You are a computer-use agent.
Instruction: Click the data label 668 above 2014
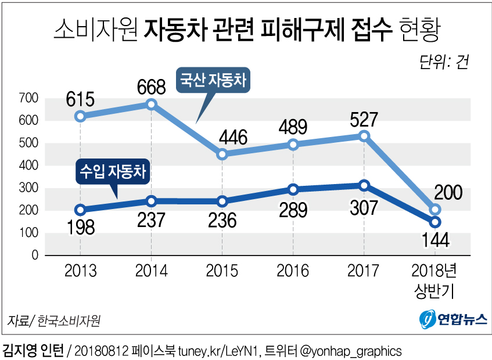click(151, 87)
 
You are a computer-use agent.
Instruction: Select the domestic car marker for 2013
click(81, 116)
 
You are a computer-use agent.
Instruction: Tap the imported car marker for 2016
click(293, 189)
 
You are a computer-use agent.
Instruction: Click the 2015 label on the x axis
click(222, 271)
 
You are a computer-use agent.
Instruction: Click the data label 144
click(435, 239)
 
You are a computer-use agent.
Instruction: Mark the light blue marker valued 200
click(435, 209)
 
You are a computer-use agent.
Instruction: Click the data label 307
click(364, 207)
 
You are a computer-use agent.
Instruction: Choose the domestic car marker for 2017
click(364, 135)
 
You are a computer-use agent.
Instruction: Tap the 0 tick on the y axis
click(34, 255)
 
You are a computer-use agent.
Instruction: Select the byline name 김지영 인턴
click(34, 351)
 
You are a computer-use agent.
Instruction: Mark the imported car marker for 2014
click(151, 200)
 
